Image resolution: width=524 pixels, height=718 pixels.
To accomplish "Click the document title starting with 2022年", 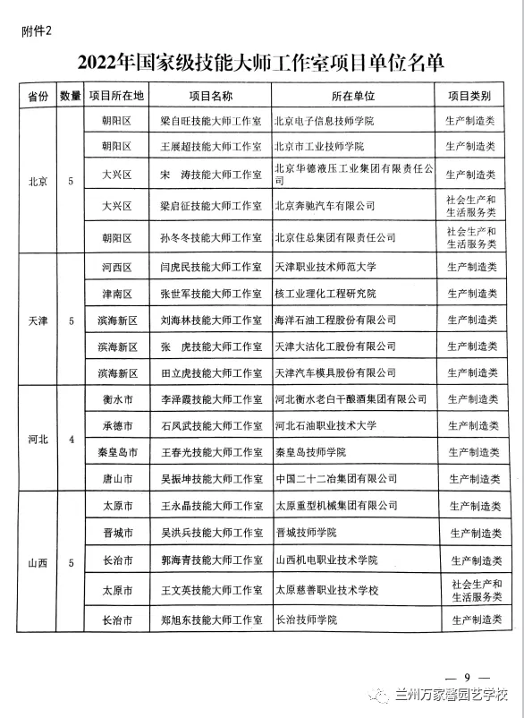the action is tap(261, 63).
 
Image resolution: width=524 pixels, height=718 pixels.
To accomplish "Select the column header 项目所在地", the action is tap(117, 95).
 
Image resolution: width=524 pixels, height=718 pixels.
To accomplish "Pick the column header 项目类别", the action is tap(470, 95).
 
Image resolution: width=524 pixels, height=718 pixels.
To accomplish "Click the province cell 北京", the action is tap(38, 181).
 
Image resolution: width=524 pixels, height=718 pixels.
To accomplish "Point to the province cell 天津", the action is tap(38, 320).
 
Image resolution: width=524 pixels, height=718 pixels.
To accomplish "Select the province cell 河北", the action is tap(38, 440).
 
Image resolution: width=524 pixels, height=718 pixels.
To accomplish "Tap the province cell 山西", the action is tap(38, 562).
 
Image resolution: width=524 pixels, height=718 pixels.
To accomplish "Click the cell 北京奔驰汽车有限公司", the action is tap(324, 206).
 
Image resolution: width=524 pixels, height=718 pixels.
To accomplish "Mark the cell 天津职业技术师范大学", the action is tap(331, 267).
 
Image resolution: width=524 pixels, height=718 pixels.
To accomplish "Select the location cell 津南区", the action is tap(117, 294).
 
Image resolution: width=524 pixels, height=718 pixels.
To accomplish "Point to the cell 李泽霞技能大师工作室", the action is tap(210, 399).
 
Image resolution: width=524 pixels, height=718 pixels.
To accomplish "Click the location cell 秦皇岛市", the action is tap(117, 453).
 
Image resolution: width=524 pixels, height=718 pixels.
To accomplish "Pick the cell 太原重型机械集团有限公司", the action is tap(336, 506).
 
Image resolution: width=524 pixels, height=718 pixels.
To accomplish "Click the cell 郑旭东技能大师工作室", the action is tap(210, 620).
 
